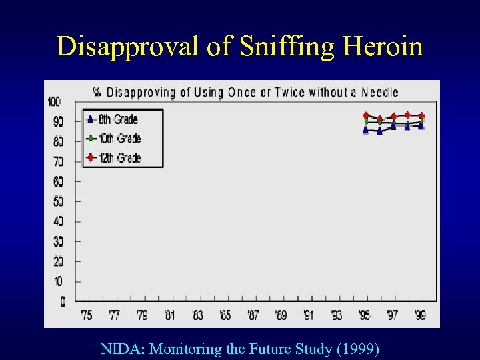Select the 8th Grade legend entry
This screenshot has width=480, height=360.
pyautogui.click(x=117, y=120)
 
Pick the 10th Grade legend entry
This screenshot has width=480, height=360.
pyautogui.click(x=119, y=139)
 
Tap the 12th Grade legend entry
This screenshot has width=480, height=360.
pyautogui.click(x=119, y=158)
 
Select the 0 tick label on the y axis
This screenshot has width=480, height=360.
pyautogui.click(x=62, y=302)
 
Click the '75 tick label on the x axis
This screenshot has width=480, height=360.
pyautogui.click(x=87, y=315)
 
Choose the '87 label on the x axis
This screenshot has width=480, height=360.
pyautogui.click(x=253, y=315)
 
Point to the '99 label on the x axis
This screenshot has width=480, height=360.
pyautogui.click(x=420, y=315)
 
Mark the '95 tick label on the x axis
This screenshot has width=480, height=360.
pyautogui.click(x=365, y=315)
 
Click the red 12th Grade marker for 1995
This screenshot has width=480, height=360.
pyautogui.click(x=365, y=115)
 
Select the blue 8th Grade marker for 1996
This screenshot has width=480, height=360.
pyautogui.click(x=379, y=131)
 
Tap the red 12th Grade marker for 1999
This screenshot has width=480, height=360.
pyautogui.click(x=421, y=115)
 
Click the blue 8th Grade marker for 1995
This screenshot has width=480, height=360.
pyautogui.click(x=365, y=130)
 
